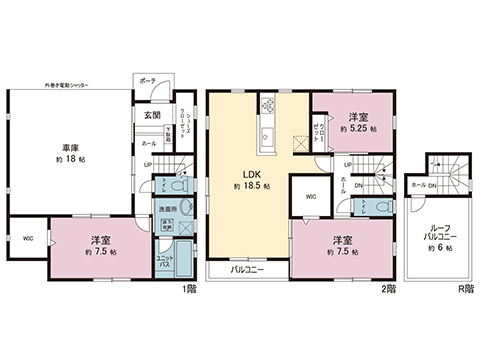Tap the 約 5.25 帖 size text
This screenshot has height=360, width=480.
(x=357, y=129)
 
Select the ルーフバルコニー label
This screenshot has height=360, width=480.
(x=434, y=235)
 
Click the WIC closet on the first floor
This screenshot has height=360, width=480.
(x=26, y=239)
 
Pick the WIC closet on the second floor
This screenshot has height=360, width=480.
(x=310, y=196)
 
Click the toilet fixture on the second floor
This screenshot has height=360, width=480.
(x=374, y=206)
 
